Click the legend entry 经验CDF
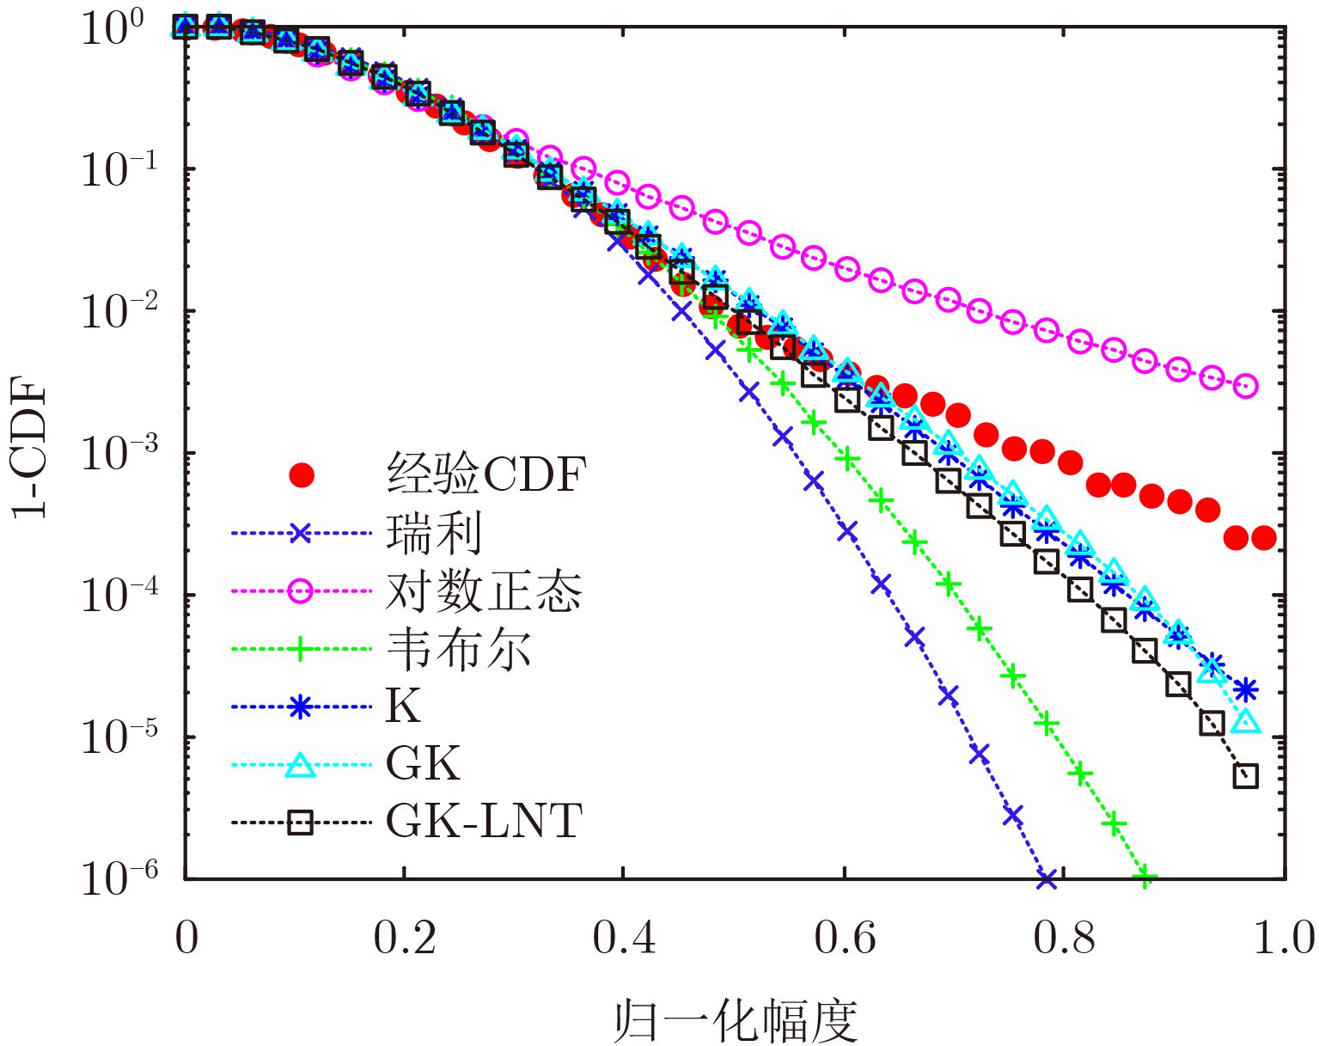[485, 474]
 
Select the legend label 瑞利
[434, 534]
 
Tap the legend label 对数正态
[484, 591]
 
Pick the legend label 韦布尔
[458, 649]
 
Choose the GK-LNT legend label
[484, 822]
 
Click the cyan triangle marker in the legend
[300, 764]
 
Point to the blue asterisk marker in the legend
[300, 707]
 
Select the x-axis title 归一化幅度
[736, 1021]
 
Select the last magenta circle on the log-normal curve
[1245, 386]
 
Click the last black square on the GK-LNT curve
[1245, 776]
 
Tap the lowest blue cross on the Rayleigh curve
[1046, 878]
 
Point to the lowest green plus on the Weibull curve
[1145, 878]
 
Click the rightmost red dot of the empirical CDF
[1264, 538]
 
